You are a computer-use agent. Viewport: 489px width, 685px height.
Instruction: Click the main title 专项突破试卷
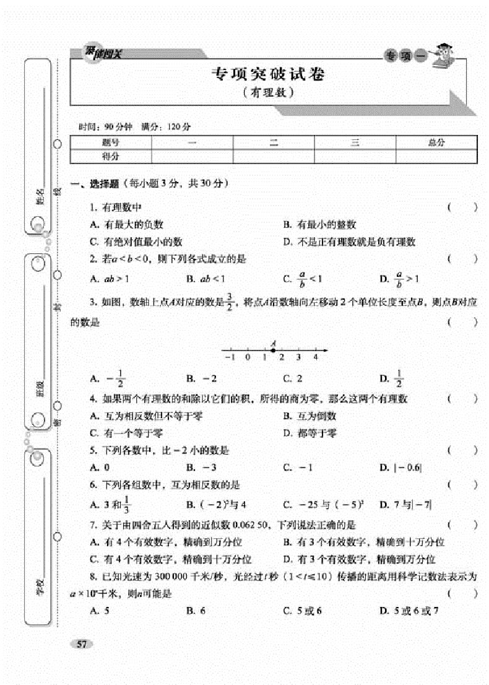point(267,74)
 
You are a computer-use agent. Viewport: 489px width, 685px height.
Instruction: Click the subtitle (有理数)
point(267,94)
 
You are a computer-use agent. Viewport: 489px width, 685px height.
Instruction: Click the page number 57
point(81,645)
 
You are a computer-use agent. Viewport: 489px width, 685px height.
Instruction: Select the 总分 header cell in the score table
point(436,143)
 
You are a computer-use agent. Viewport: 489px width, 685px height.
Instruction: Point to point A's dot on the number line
point(273,350)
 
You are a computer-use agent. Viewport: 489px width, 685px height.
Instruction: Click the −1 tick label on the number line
point(230,357)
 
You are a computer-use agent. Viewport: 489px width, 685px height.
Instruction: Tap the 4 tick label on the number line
point(316,357)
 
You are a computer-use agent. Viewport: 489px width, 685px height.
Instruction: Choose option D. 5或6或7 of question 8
point(409,611)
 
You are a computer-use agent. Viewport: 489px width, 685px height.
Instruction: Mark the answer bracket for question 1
point(462,208)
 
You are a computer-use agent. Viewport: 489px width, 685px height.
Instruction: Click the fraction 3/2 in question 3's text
point(229,302)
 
